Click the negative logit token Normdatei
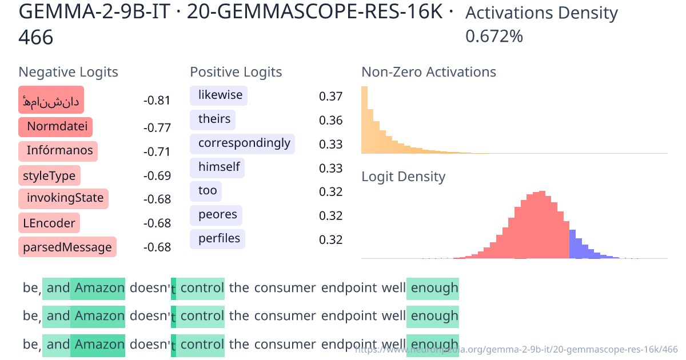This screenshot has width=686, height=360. [x=55, y=127]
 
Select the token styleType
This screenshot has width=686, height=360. [x=49, y=175]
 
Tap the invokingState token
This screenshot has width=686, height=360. [x=65, y=198]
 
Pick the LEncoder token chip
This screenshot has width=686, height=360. [x=49, y=223]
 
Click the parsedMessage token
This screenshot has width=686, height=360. [x=67, y=247]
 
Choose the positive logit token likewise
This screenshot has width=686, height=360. [x=220, y=95]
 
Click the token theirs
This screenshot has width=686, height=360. [x=214, y=119]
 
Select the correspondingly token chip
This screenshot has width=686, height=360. [x=244, y=143]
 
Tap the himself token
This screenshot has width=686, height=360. [x=219, y=167]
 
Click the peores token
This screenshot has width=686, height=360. [x=217, y=215]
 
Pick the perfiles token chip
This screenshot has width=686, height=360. [x=219, y=238]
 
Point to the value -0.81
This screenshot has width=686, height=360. [x=157, y=101]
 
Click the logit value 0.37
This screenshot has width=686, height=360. [x=330, y=96]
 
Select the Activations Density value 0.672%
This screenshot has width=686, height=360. [x=494, y=37]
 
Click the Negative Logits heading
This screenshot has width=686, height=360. [x=69, y=72]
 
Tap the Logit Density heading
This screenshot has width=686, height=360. [x=403, y=177]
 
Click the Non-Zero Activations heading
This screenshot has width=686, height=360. [x=429, y=72]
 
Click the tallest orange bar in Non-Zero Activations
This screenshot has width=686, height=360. [x=364, y=120]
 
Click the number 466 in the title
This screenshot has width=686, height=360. [x=35, y=38]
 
